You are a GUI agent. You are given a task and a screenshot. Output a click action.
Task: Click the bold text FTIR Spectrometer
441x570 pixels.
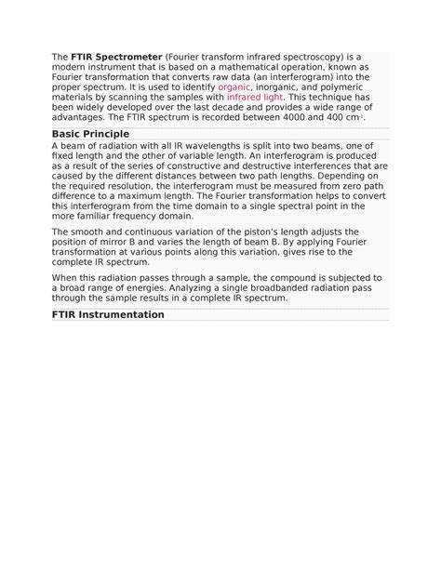[115, 57]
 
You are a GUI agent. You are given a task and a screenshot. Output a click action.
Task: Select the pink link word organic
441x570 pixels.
[234, 87]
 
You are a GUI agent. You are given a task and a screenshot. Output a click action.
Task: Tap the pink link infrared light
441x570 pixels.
[255, 98]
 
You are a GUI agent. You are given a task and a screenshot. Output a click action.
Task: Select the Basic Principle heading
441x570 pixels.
[90, 135]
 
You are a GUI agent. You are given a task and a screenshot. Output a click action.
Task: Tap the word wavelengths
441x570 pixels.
[205, 147]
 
